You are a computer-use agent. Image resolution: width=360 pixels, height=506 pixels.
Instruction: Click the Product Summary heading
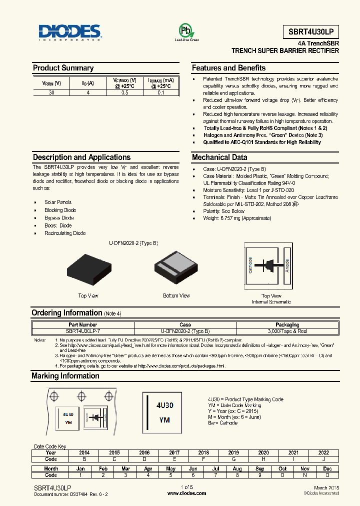[63, 68]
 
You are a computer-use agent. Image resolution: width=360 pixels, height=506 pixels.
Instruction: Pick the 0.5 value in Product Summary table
[124, 92]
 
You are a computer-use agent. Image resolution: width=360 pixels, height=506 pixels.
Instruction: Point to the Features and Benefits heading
[228, 68]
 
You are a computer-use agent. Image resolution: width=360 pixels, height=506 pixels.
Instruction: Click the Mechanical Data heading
[219, 157]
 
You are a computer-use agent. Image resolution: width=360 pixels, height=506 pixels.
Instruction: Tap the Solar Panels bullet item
[58, 202]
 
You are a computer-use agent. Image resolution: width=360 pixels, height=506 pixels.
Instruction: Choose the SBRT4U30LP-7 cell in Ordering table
[81, 331]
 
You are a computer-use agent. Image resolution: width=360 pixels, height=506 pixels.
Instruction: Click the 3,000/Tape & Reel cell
[287, 331]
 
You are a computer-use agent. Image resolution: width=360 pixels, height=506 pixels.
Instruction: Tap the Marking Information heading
[65, 376]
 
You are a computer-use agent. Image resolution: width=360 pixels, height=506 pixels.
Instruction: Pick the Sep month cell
[260, 469]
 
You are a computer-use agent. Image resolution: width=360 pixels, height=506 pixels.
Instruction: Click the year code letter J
[323, 459]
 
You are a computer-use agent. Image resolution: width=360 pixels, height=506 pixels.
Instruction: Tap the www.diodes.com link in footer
[186, 493]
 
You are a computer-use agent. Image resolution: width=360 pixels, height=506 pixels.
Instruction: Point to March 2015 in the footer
[327, 487]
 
